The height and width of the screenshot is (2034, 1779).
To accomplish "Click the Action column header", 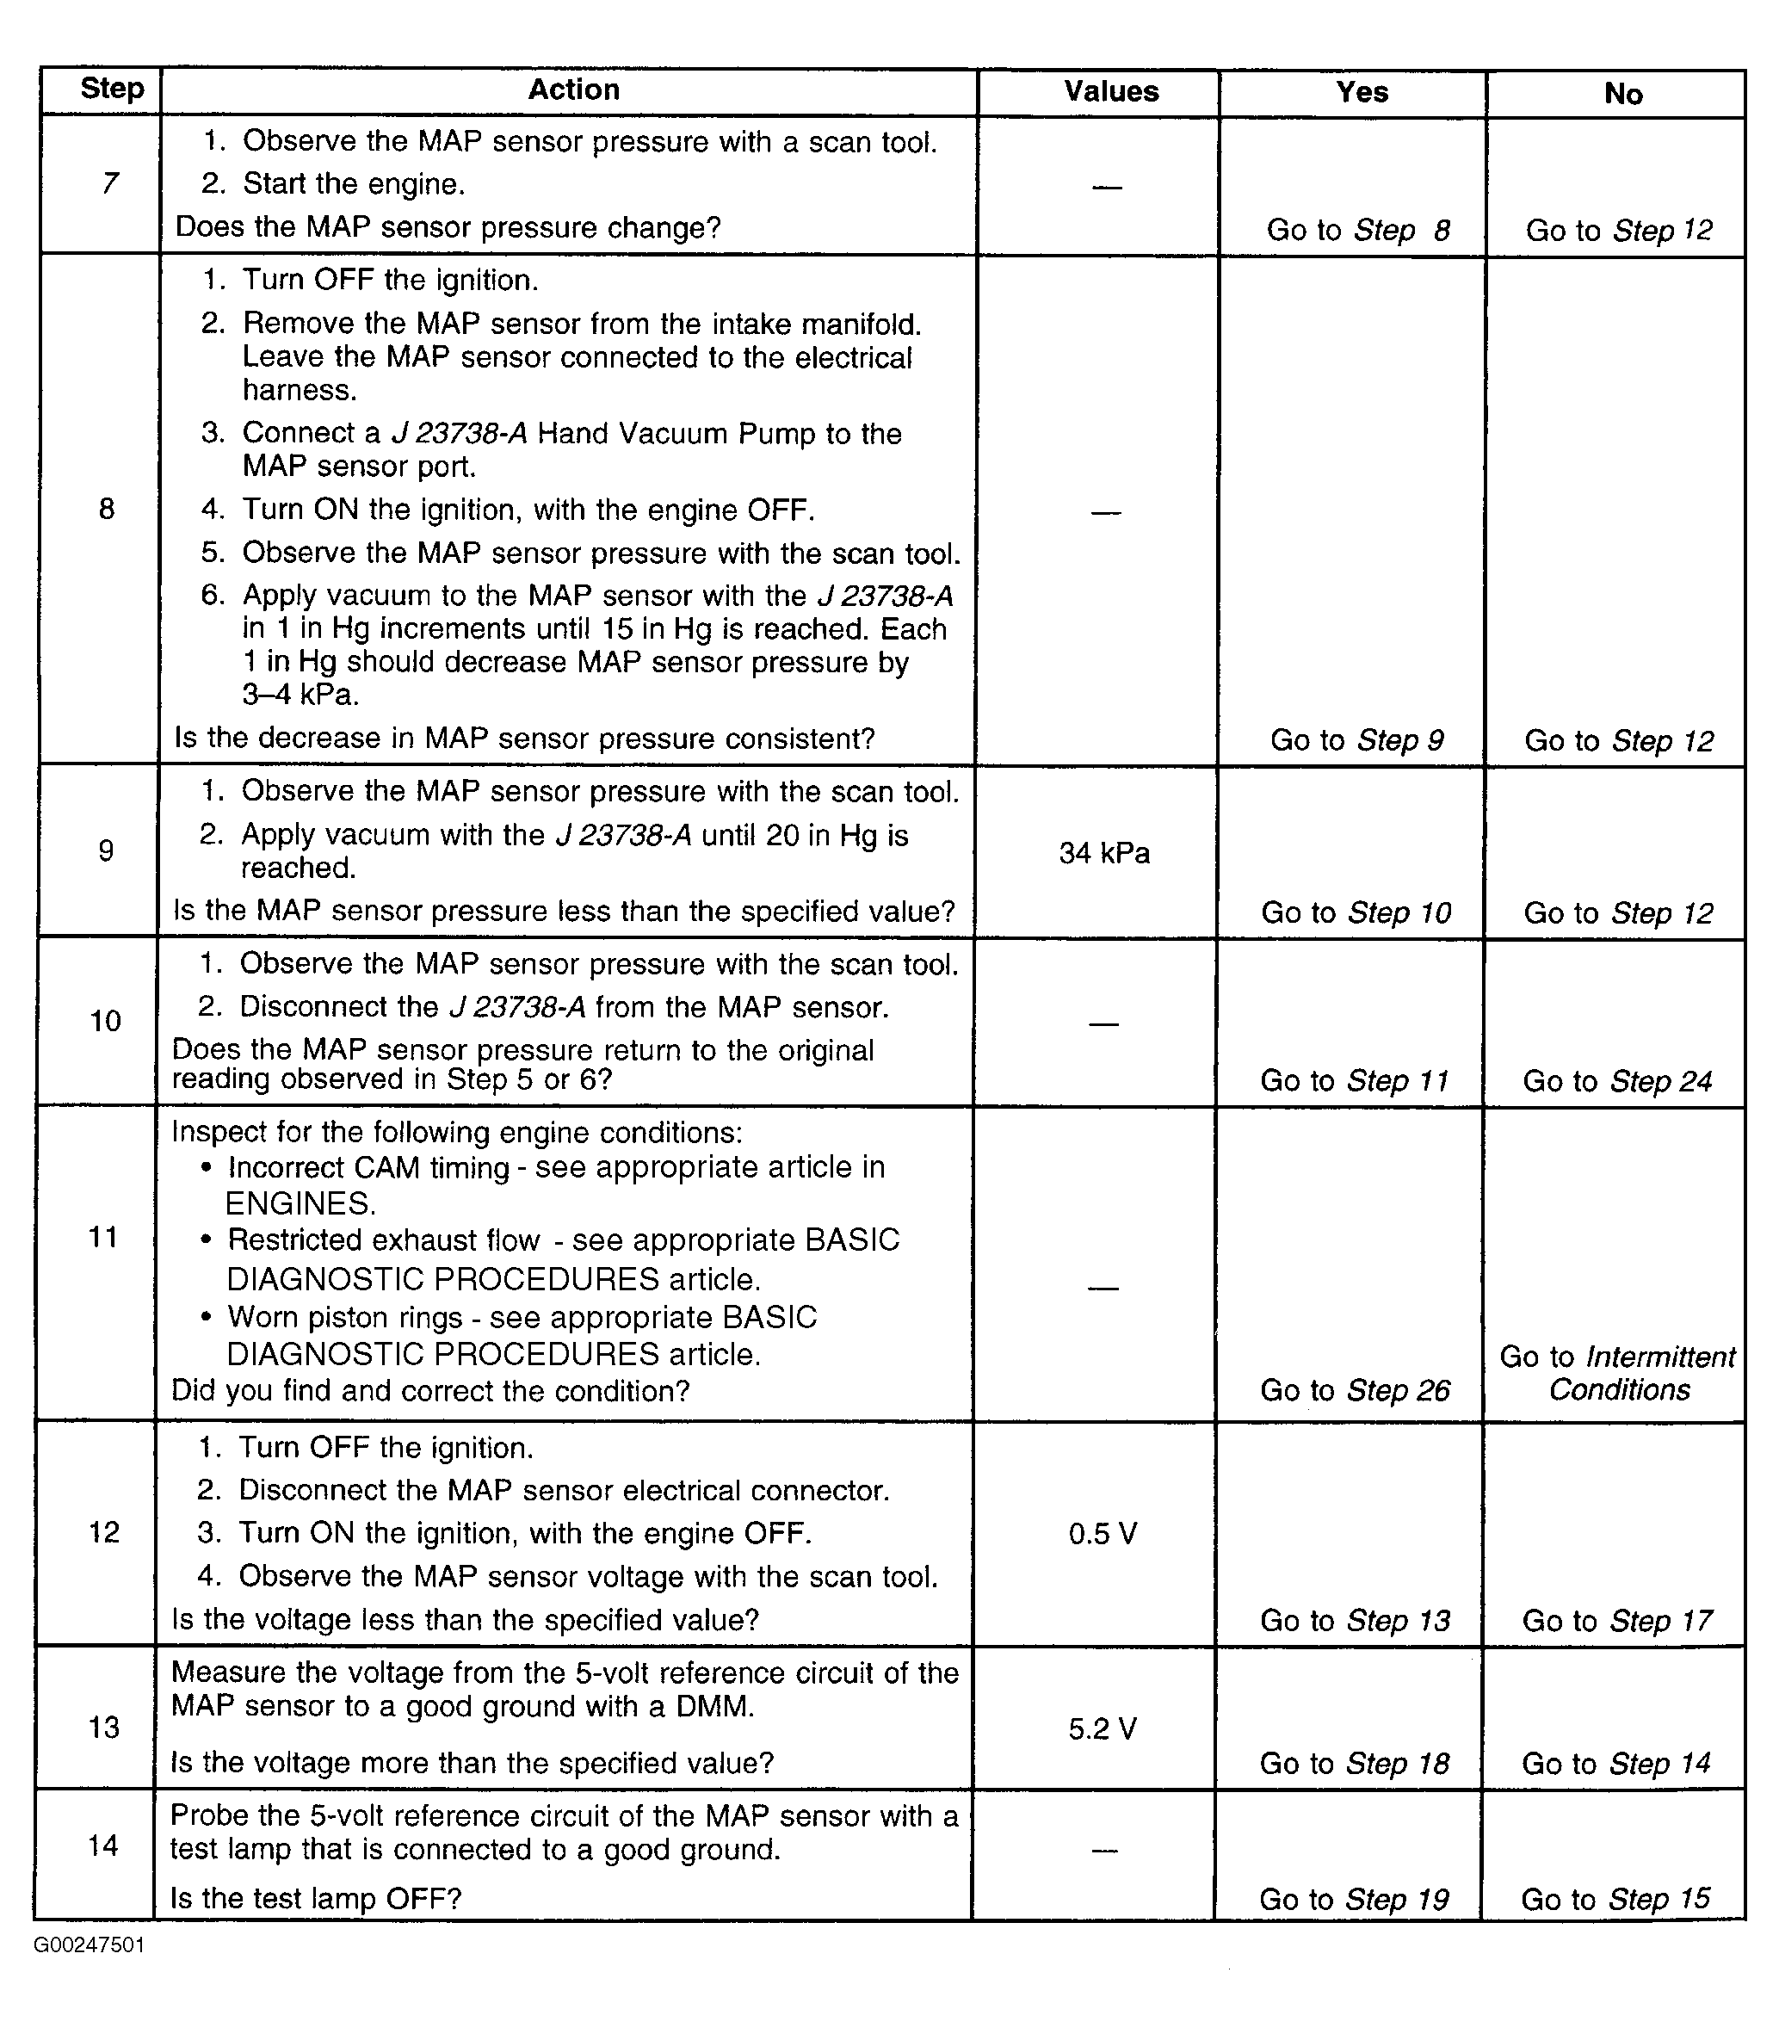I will (x=573, y=90).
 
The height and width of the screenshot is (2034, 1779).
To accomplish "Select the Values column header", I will (x=1111, y=92).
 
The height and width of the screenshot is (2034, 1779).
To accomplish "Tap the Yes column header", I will (x=1361, y=93).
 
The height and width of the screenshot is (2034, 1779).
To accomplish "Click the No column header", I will (x=1623, y=95).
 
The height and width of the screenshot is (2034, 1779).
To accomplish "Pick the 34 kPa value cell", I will (x=1104, y=854).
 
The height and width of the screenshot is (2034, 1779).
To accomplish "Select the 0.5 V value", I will (x=1102, y=1535).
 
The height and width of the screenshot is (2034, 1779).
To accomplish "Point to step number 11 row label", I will (x=103, y=1237).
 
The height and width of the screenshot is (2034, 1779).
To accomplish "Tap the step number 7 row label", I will (x=109, y=183).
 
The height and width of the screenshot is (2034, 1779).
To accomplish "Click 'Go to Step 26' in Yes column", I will (x=1355, y=1391).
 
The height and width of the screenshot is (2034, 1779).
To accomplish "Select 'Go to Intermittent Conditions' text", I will (x=1618, y=1373).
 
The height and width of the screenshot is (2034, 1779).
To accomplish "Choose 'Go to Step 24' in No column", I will (x=1617, y=1081).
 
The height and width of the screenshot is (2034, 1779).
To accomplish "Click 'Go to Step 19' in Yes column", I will (x=1354, y=1900).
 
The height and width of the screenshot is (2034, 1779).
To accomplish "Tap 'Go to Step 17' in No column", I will (x=1617, y=1621).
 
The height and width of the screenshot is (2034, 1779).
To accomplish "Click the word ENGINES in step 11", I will (x=300, y=1204).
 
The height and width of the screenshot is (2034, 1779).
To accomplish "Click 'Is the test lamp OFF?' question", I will (x=316, y=1899).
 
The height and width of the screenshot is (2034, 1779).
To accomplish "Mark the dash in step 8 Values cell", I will (x=1106, y=513).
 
